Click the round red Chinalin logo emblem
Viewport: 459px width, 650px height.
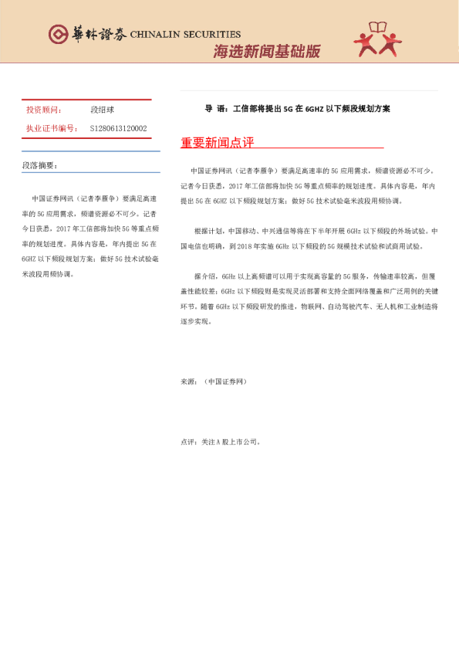coord(58,34)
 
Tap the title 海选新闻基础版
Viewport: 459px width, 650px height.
coord(266,52)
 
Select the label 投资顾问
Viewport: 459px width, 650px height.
coord(43,110)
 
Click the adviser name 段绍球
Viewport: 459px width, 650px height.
coord(103,110)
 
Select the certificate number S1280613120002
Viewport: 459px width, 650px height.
coord(118,128)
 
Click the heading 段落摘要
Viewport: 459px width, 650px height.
coord(39,165)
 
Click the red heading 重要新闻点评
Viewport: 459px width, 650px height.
coord(217,143)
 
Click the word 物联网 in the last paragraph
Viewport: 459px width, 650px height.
coord(309,306)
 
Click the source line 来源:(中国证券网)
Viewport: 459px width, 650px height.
coord(214,381)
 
